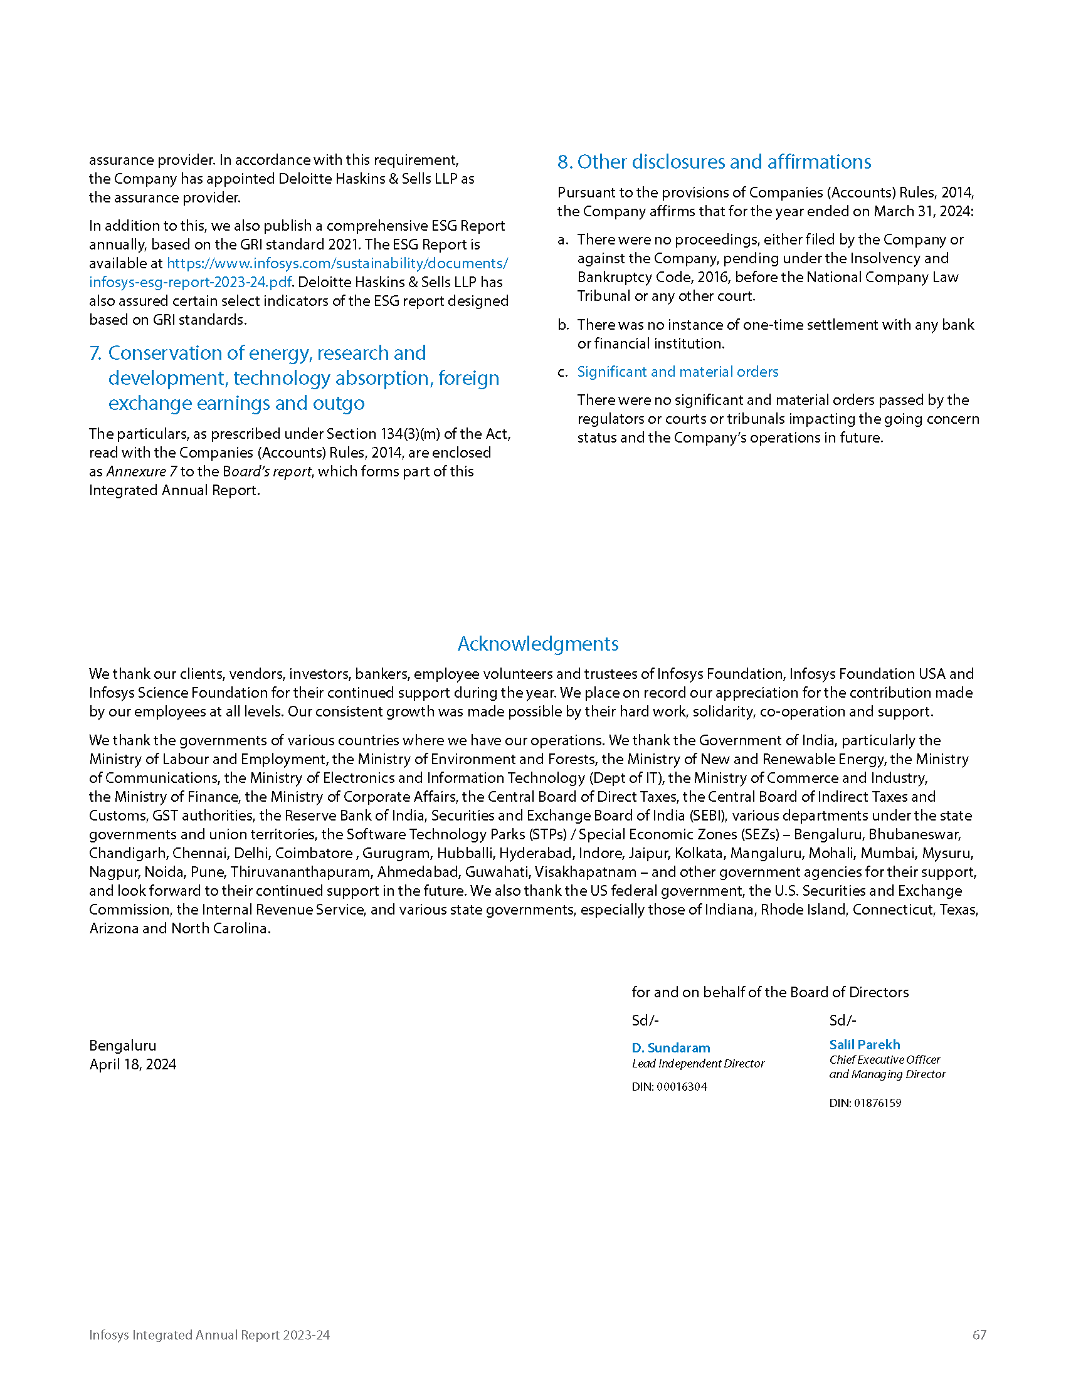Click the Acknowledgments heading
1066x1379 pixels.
pyautogui.click(x=537, y=643)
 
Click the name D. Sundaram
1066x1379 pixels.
pyautogui.click(x=671, y=1047)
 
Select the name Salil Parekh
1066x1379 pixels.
pyautogui.click(x=864, y=1044)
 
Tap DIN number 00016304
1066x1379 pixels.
pyautogui.click(x=670, y=1087)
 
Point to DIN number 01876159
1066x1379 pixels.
pyautogui.click(x=865, y=1103)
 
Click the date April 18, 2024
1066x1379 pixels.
pyautogui.click(x=132, y=1064)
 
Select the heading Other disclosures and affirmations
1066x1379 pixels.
pyautogui.click(x=714, y=162)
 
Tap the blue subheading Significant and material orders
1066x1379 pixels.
pyautogui.click(x=677, y=372)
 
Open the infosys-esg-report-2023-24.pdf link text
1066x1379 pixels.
pyautogui.click(x=190, y=282)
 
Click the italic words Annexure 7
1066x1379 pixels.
pyautogui.click(x=142, y=471)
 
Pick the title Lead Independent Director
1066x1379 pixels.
pyautogui.click(x=698, y=1063)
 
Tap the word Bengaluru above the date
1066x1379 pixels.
pyautogui.click(x=122, y=1046)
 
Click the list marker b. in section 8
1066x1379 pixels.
pyautogui.click(x=563, y=325)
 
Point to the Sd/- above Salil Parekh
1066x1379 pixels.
pyautogui.click(x=842, y=1020)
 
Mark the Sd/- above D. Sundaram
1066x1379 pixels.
pyautogui.click(x=645, y=1020)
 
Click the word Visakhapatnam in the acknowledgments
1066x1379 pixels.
pyautogui.click(x=586, y=872)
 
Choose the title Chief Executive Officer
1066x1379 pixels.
pyautogui.click(x=884, y=1059)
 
